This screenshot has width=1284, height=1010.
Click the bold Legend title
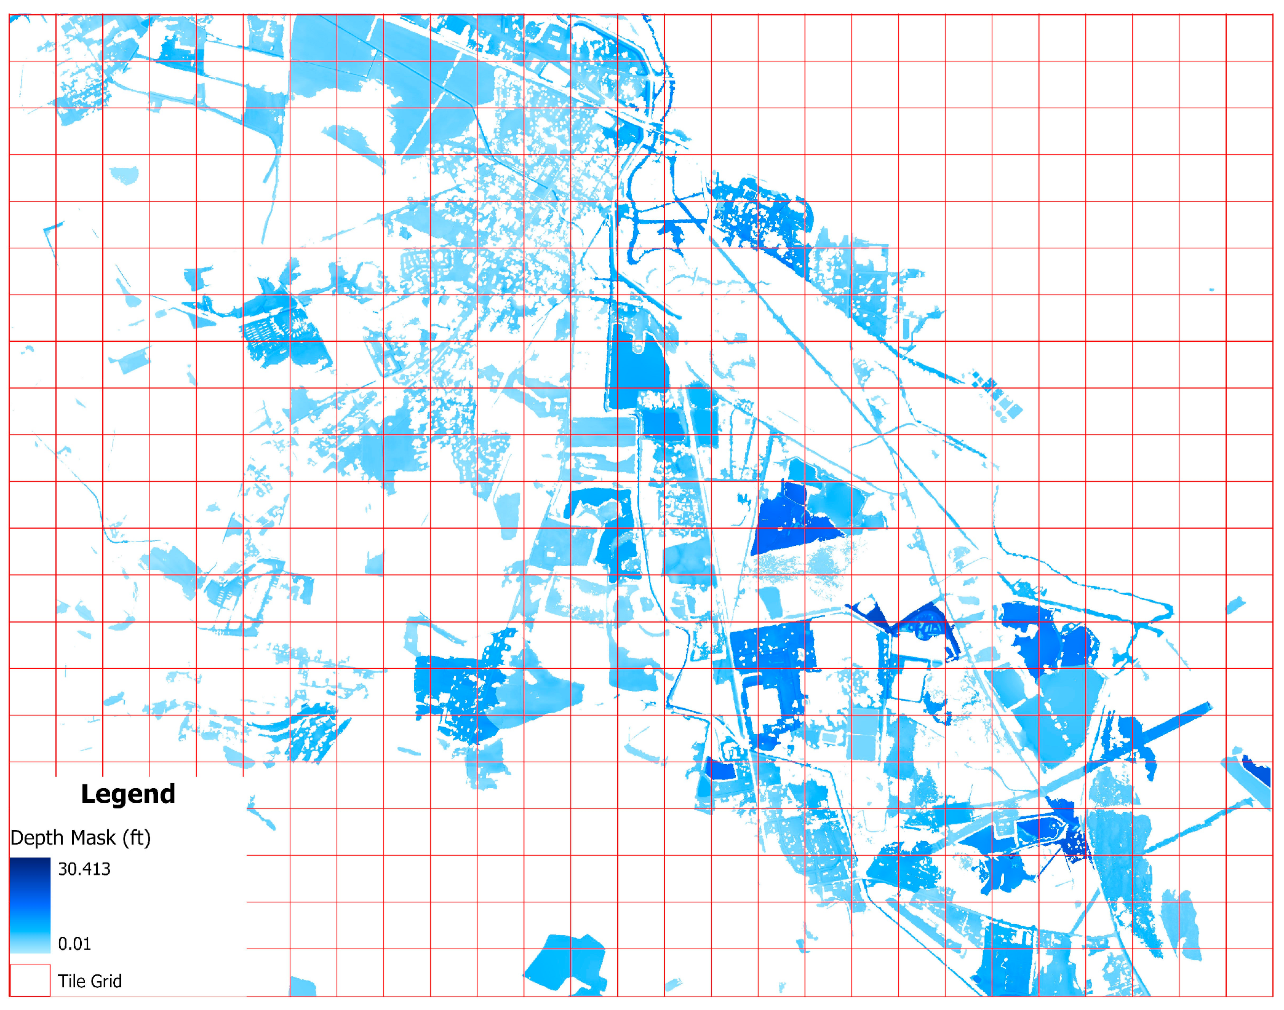click(x=128, y=794)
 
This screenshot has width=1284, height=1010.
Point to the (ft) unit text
click(x=136, y=838)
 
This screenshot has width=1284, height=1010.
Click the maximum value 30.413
click(x=84, y=869)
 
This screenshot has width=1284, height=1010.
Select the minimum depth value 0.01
click(x=74, y=944)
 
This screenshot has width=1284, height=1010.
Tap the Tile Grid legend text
click(x=89, y=981)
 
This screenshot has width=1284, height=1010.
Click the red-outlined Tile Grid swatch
click(x=30, y=980)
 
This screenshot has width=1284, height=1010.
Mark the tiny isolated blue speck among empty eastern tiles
click(x=1212, y=290)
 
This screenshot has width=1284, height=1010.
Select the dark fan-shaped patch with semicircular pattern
click(x=923, y=621)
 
